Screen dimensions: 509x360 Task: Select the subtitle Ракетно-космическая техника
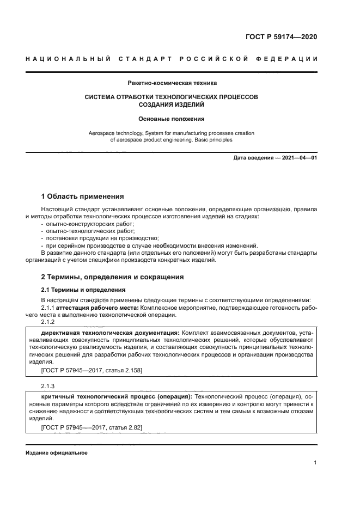pos(172,83)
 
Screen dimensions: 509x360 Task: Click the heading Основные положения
pos(172,118)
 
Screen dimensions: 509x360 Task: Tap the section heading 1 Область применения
pos(83,196)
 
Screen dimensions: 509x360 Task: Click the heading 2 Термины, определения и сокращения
pos(113,277)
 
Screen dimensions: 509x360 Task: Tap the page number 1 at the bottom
pos(315,463)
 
